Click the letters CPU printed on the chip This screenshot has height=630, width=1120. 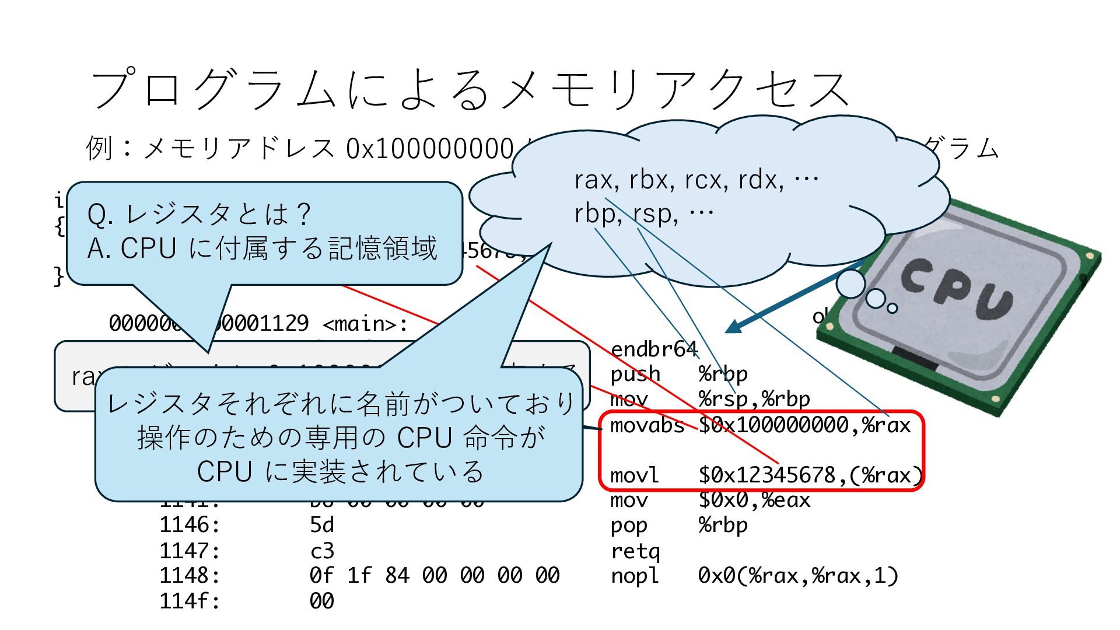pyautogui.click(x=957, y=289)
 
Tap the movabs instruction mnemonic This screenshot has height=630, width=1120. pyautogui.click(x=647, y=425)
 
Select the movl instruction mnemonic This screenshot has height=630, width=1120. pyautogui.click(x=634, y=475)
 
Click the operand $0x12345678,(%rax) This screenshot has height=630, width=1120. pyautogui.click(x=810, y=475)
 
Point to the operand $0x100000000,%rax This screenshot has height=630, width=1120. pyautogui.click(x=804, y=425)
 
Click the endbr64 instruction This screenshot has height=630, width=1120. pyautogui.click(x=653, y=349)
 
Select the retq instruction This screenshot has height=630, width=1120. pyautogui.click(x=635, y=551)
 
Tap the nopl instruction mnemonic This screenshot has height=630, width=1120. pyautogui.click(x=634, y=576)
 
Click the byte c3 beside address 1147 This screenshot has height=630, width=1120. pyautogui.click(x=321, y=551)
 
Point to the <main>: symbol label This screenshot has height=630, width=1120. pyautogui.click(x=365, y=323)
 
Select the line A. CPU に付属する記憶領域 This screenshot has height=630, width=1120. pyautogui.click(x=262, y=249)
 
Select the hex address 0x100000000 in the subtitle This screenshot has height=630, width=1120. pyautogui.click(x=429, y=149)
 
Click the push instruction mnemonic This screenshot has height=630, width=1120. pyautogui.click(x=635, y=374)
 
